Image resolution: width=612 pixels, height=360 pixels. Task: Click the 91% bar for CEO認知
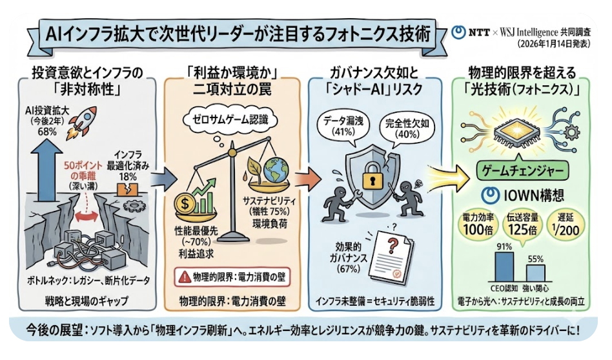(x=504, y=265)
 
